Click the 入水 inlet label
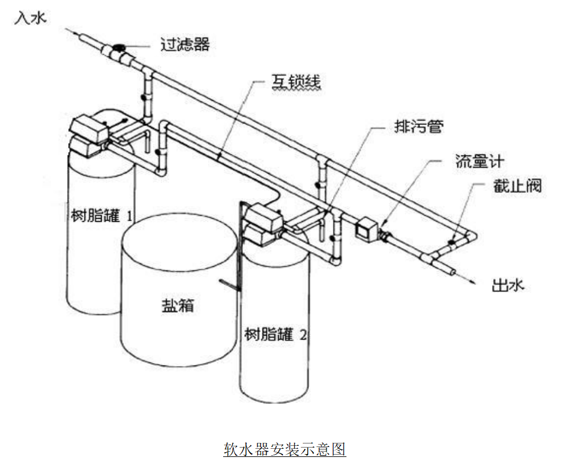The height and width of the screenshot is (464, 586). point(30,19)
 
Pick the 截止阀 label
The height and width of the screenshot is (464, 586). point(517,186)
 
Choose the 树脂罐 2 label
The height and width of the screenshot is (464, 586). point(275,335)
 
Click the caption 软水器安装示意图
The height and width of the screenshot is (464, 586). point(285,449)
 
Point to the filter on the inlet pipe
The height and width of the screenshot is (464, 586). point(119,50)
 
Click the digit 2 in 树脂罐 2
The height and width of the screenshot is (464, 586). point(303,336)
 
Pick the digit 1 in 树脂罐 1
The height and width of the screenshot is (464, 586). point(129,215)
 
